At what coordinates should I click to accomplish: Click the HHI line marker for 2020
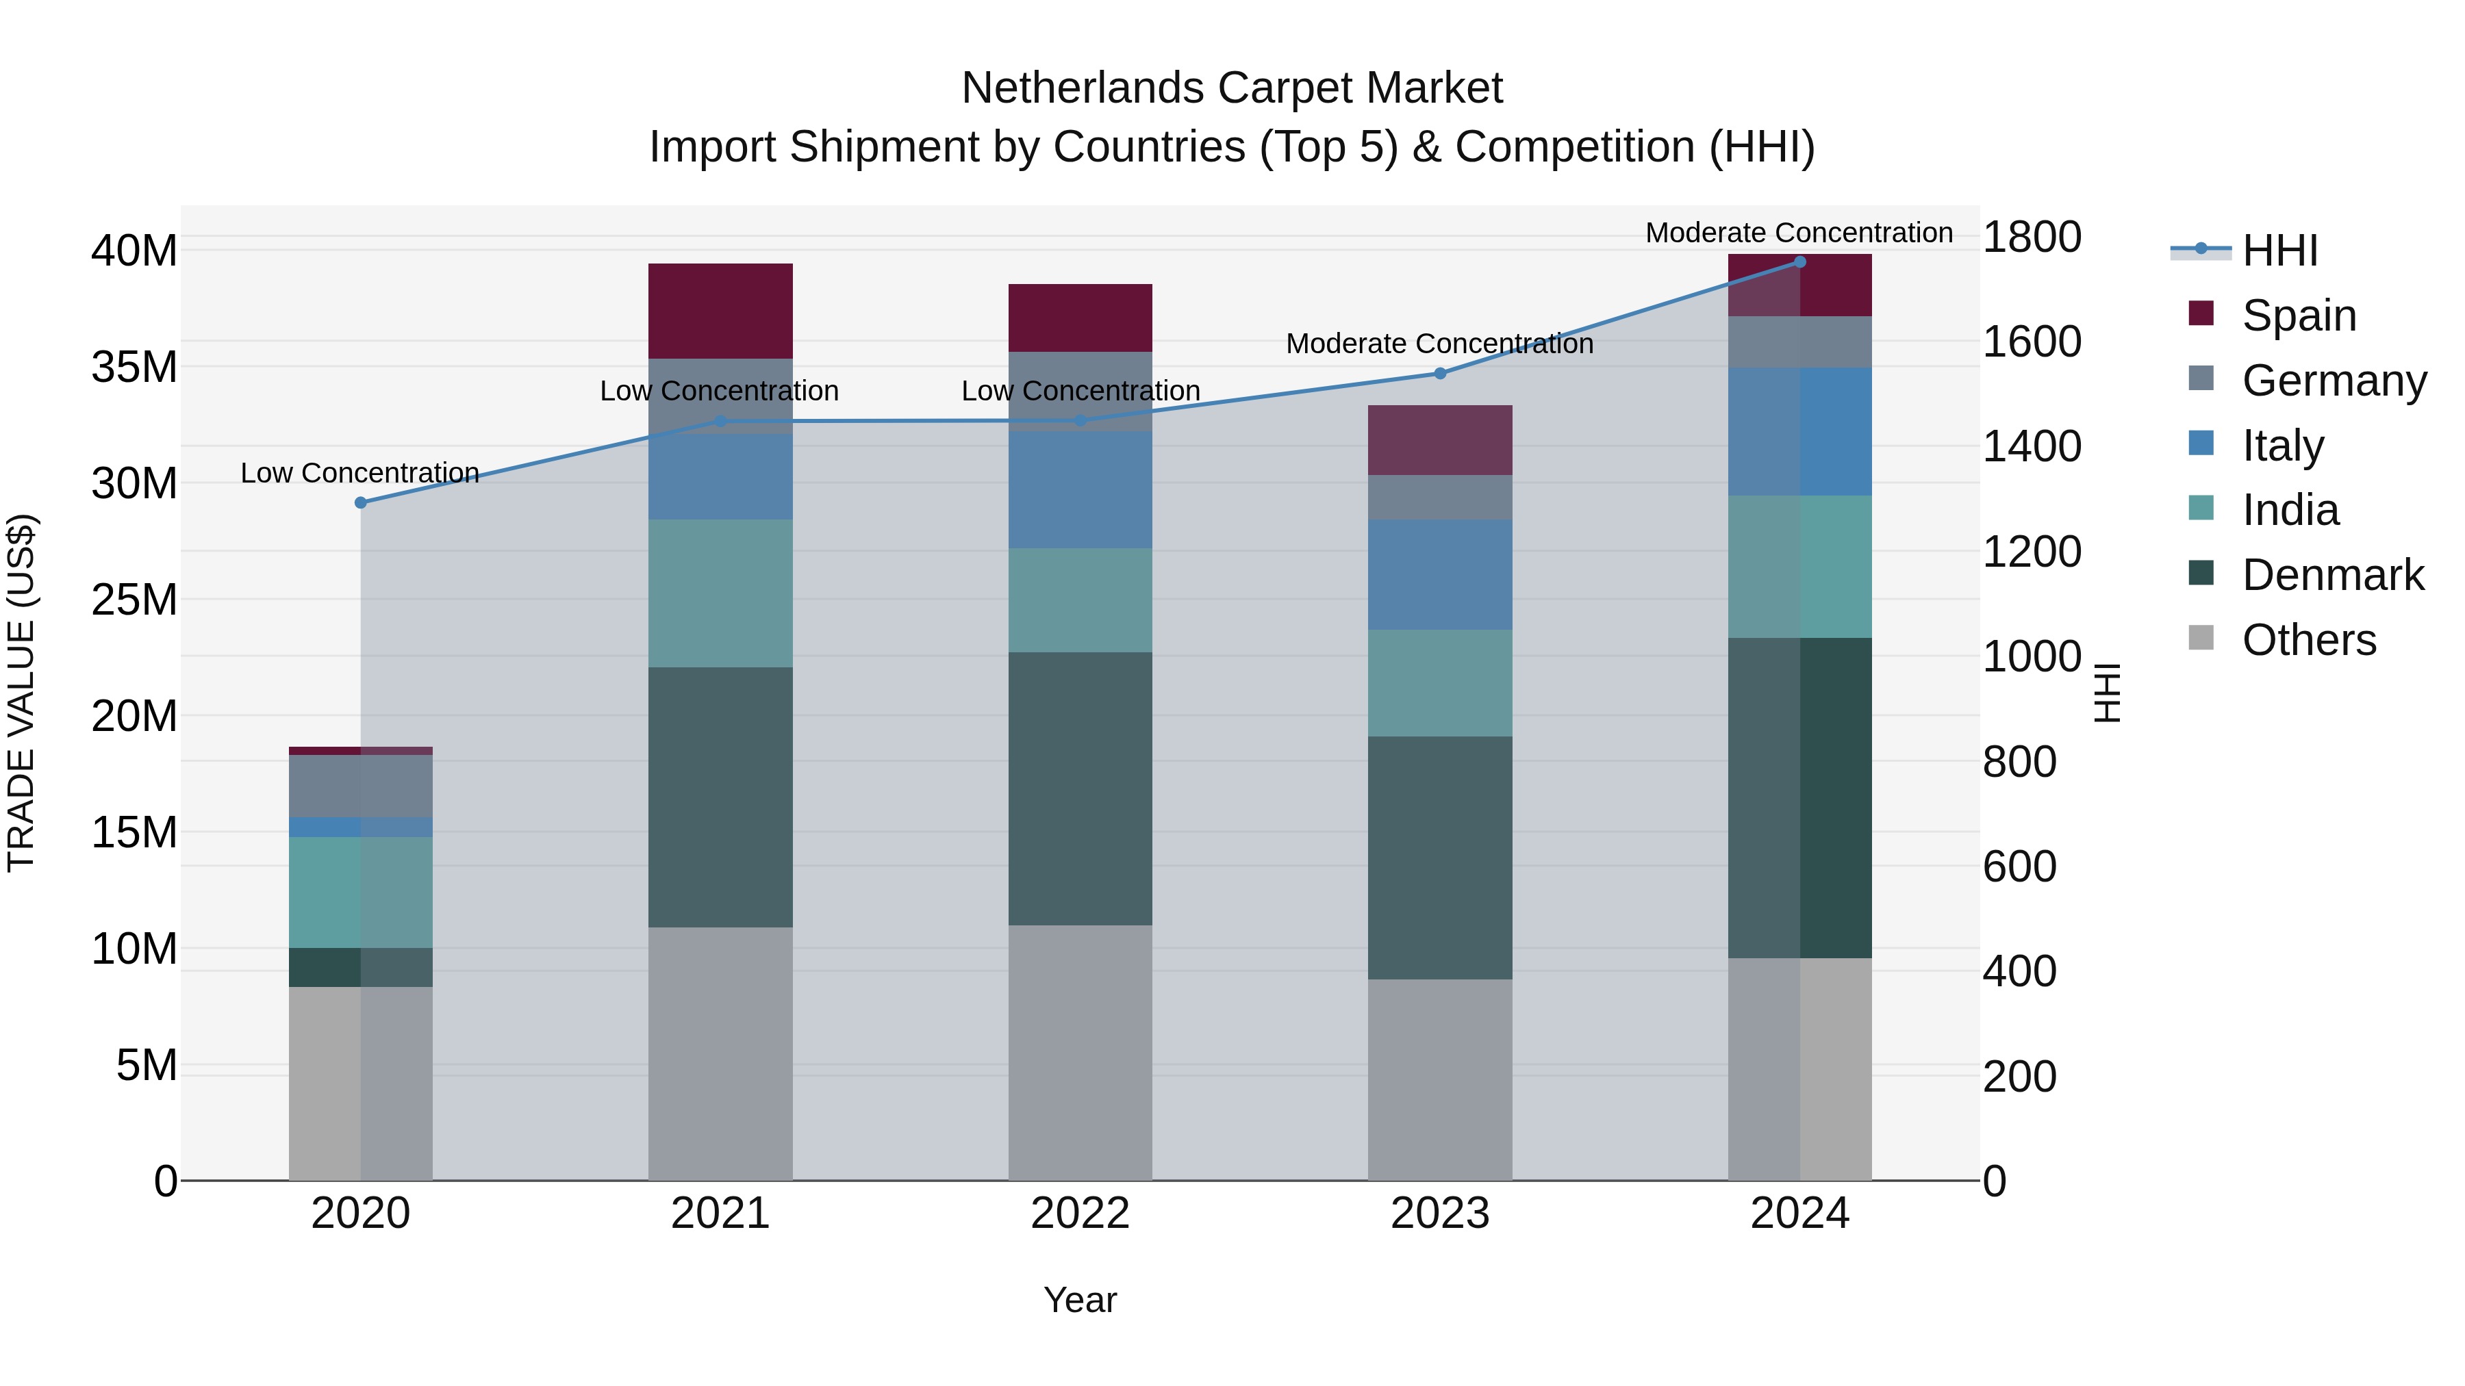pos(361,503)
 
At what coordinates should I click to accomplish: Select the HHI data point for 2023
pos(1440,374)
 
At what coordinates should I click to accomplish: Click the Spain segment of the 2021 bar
pos(720,311)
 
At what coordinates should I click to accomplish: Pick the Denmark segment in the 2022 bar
pos(1080,789)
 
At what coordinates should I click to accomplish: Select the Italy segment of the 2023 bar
pos(1440,575)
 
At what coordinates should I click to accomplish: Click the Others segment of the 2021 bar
pos(720,1052)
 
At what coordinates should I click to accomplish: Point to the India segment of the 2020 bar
pos(361,893)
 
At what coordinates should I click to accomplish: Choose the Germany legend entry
pos(2333,381)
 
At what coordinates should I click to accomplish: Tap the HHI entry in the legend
pos(2278,251)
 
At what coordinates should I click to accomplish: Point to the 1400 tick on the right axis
pos(2032,447)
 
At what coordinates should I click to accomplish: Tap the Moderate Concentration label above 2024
pos(1799,233)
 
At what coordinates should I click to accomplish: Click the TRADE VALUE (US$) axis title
pos(21,693)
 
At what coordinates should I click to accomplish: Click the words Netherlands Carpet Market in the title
pos(1232,88)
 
